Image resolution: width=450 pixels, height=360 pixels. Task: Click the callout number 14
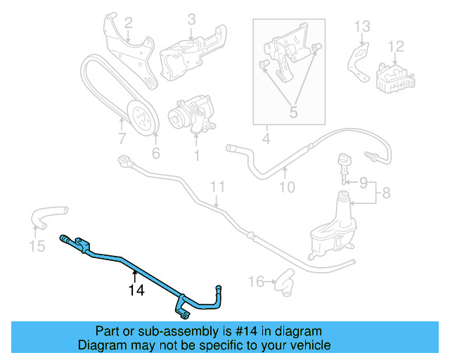(x=136, y=289)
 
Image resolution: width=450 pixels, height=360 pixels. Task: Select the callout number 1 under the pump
(x=196, y=153)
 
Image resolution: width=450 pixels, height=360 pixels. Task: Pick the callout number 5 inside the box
(x=156, y=153)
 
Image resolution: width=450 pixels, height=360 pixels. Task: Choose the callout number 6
(x=122, y=139)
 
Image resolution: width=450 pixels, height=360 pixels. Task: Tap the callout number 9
(x=288, y=187)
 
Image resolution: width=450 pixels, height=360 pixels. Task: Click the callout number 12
(x=361, y=27)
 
